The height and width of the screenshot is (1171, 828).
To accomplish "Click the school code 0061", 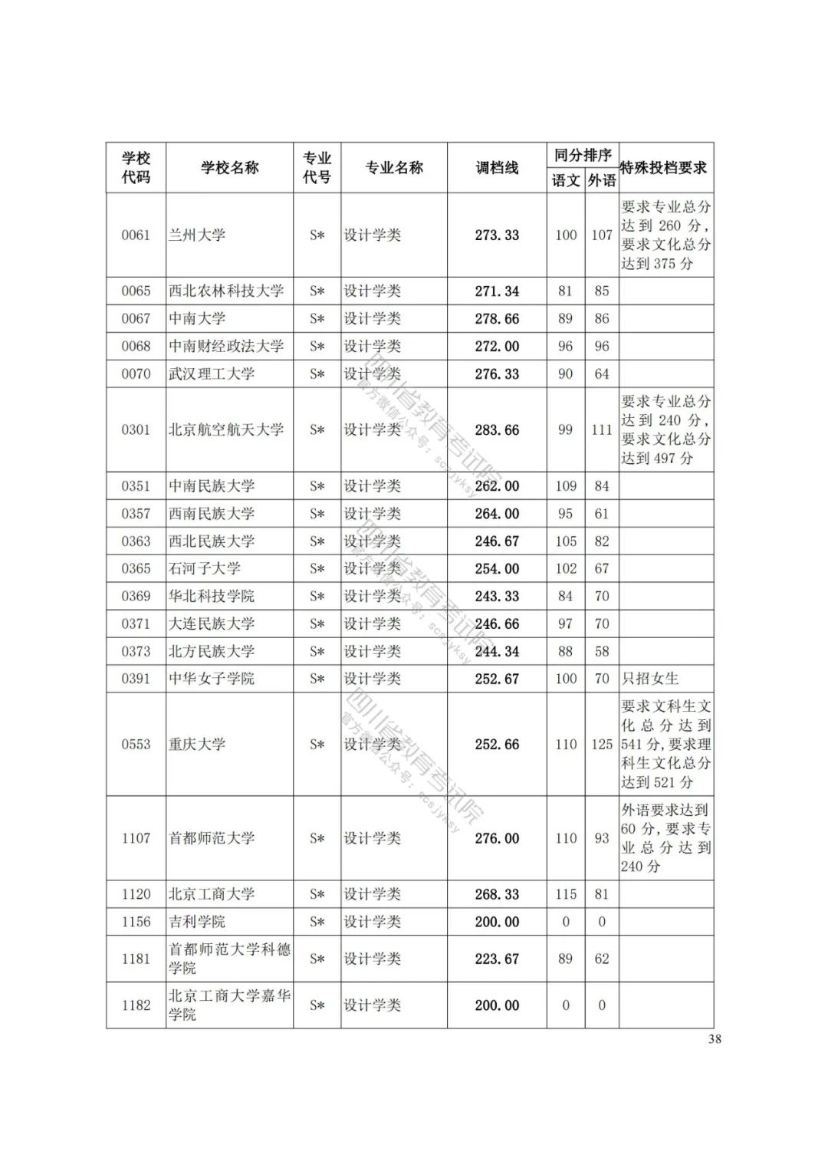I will coord(136,235).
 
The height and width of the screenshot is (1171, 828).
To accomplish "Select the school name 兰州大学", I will coord(197,235).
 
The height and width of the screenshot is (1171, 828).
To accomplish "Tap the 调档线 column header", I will coord(497,167).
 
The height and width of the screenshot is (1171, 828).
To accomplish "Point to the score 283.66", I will coord(497,429).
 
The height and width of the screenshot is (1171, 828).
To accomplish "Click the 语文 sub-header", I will coord(566,180).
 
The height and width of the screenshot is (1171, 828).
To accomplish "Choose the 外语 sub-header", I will coord(602,180).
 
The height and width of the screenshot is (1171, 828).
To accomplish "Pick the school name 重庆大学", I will coord(197,744).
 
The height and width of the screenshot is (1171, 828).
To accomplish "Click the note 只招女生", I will coord(650,678).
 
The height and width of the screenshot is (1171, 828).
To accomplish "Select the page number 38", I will coord(715,1039).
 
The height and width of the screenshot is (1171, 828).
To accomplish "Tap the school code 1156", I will coord(136,922).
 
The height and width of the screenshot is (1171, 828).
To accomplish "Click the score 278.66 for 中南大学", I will coord(497,318).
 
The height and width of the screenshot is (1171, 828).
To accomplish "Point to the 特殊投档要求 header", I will coord(664,167).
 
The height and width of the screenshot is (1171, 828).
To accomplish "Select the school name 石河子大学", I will coord(205,568).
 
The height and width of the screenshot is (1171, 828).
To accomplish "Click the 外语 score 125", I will coord(602,744).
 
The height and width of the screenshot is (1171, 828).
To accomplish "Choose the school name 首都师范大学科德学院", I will coord(229,959).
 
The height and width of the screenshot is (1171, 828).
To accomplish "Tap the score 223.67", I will coord(497,959).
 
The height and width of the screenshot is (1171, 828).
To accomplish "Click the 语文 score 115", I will coord(566,894).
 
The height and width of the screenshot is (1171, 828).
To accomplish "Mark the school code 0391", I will coord(136,679).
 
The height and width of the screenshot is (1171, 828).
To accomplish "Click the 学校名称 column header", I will coord(230,167).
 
